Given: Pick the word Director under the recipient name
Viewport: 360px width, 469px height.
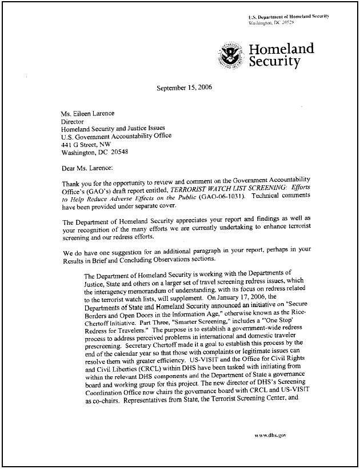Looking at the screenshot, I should coord(72,121).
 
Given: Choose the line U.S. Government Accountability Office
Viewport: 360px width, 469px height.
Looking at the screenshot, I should coord(116,137).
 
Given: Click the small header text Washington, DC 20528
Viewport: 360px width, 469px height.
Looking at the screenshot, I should coord(270,23).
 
